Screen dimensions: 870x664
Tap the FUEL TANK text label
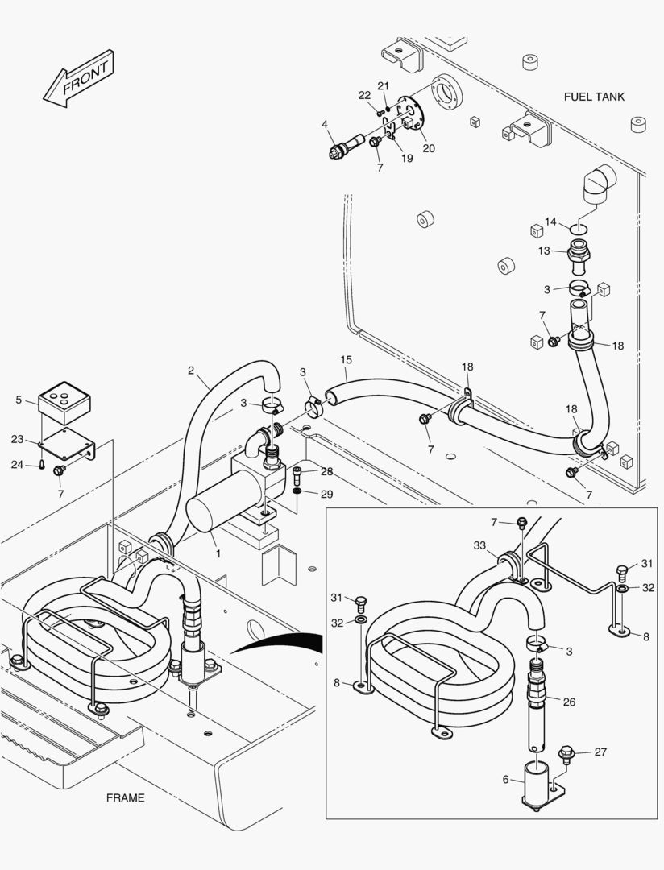pos(594,97)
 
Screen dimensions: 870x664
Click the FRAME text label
pos(125,797)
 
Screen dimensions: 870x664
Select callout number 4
pos(325,124)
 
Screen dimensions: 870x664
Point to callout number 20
pos(429,147)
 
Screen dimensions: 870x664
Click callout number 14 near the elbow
pos(550,221)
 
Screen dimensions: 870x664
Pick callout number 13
pos(544,251)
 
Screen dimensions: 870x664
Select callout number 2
pos(191,371)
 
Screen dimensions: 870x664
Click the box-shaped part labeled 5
pos(64,399)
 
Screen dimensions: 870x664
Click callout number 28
pos(326,470)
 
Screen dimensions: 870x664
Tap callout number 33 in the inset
pos(480,545)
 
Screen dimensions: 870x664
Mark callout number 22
pos(364,95)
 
